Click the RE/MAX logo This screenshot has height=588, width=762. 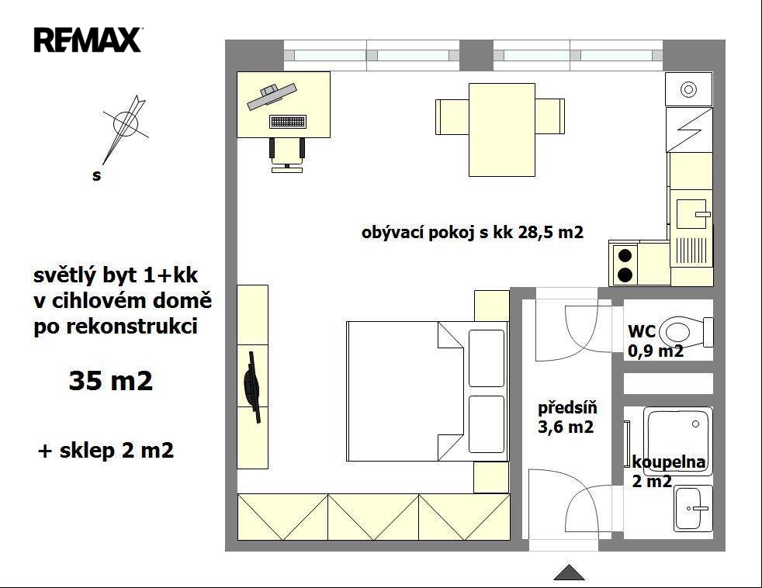click(x=88, y=40)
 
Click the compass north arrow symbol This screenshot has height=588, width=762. click(x=124, y=129)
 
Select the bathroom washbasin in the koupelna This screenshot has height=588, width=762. click(x=692, y=508)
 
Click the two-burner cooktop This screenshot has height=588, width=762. click(x=625, y=265)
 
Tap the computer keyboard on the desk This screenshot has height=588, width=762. click(x=288, y=122)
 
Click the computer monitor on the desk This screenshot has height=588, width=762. click(x=272, y=96)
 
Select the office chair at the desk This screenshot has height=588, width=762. click(x=287, y=155)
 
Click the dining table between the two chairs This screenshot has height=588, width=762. click(x=501, y=130)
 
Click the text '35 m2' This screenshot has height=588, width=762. click(x=111, y=381)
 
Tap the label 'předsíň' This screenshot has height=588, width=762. click(x=567, y=407)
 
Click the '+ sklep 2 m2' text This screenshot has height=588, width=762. click(x=106, y=451)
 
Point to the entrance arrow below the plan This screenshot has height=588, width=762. click(x=569, y=572)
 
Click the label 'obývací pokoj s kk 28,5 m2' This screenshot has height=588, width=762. click(x=473, y=232)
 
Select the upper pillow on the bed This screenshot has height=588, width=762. click(x=487, y=358)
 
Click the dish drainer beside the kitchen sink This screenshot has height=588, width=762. click(x=691, y=251)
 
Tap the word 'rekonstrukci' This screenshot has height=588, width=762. click(x=132, y=326)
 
